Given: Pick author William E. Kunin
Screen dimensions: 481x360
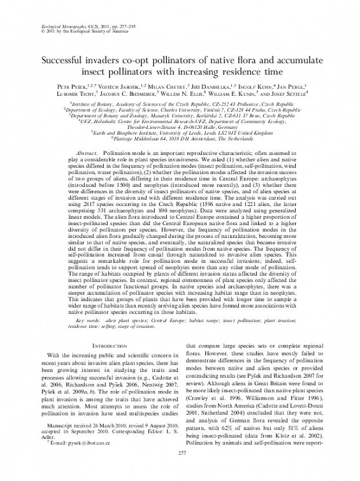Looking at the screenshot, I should [246, 93].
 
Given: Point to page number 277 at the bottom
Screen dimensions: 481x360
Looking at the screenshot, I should [180, 469].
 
